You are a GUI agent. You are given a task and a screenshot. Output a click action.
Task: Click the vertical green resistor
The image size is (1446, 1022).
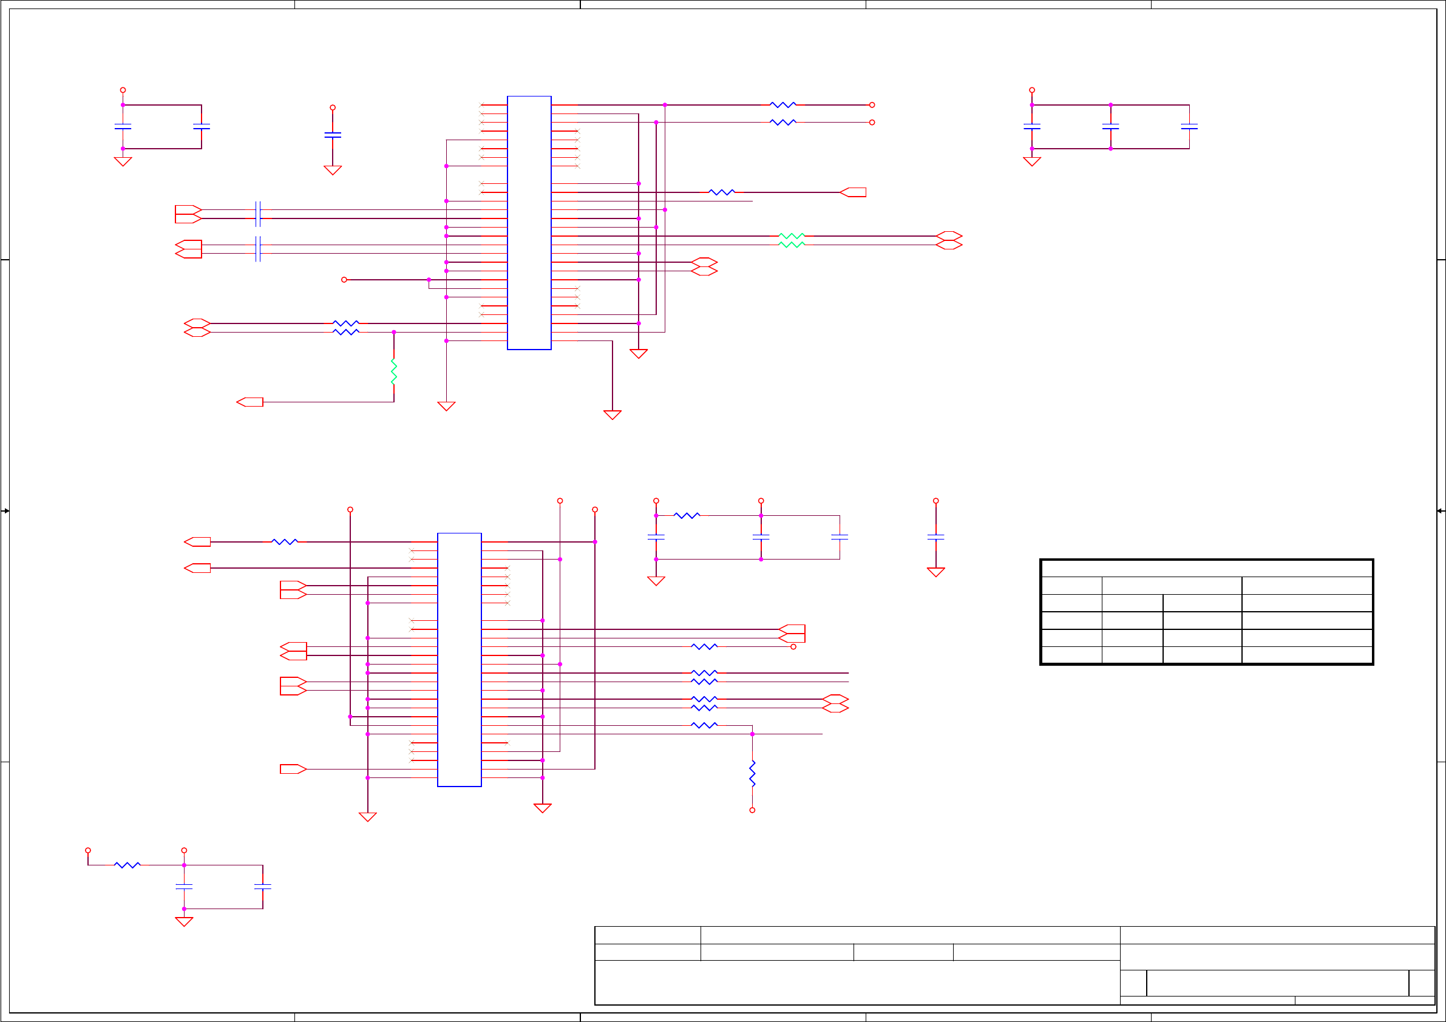[x=393, y=371]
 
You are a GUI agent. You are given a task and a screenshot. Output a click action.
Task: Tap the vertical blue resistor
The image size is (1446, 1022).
[x=752, y=773]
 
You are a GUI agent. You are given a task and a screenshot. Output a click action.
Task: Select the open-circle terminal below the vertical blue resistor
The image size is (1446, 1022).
[x=752, y=810]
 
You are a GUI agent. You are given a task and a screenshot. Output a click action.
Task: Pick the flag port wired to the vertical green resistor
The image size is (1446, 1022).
[x=250, y=402]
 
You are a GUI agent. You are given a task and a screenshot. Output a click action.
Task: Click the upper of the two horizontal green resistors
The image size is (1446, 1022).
[x=792, y=236]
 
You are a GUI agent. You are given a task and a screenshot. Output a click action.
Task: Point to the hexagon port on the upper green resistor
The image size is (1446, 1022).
[x=948, y=236]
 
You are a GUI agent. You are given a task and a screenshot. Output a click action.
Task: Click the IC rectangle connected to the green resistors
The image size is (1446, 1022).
[x=529, y=223]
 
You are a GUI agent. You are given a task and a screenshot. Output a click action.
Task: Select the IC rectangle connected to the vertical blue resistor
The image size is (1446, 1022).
[x=459, y=659]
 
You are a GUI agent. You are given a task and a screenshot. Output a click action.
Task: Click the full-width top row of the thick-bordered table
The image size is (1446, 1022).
[x=1206, y=569]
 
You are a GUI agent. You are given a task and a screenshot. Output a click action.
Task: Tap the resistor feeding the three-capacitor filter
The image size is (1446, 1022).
[x=687, y=516]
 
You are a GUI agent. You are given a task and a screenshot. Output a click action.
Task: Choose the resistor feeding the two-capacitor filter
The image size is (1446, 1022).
[x=127, y=865]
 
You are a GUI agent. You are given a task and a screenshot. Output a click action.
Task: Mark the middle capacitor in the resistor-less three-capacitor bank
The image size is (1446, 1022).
[x=1110, y=127]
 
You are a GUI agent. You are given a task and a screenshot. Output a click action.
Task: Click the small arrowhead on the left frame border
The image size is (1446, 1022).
[x=5, y=510]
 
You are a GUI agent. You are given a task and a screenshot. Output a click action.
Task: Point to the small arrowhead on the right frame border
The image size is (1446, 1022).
[x=1441, y=510]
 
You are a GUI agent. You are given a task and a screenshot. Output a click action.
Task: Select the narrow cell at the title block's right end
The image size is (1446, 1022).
[x=1422, y=983]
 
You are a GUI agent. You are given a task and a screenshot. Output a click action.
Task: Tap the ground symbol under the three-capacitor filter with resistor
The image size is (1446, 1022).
[x=656, y=581]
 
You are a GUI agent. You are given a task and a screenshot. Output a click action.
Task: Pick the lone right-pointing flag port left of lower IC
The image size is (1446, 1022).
[x=293, y=769]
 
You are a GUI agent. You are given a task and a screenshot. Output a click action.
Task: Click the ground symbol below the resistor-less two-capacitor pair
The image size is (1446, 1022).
[x=123, y=162]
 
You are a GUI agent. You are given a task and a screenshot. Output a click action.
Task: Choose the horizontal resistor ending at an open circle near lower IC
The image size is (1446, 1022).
[x=704, y=647]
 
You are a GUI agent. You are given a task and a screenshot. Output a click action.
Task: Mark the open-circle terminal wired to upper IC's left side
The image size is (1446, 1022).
[x=344, y=280]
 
